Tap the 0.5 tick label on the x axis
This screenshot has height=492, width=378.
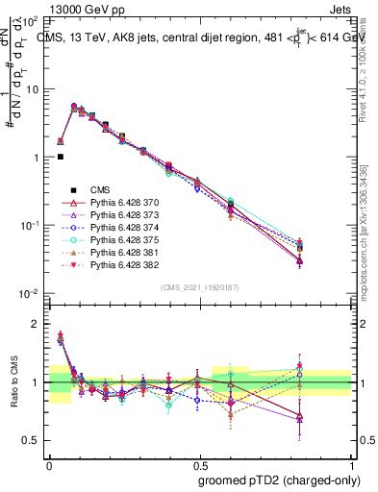[199, 463]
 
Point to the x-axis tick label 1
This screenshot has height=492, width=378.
[350, 463]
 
